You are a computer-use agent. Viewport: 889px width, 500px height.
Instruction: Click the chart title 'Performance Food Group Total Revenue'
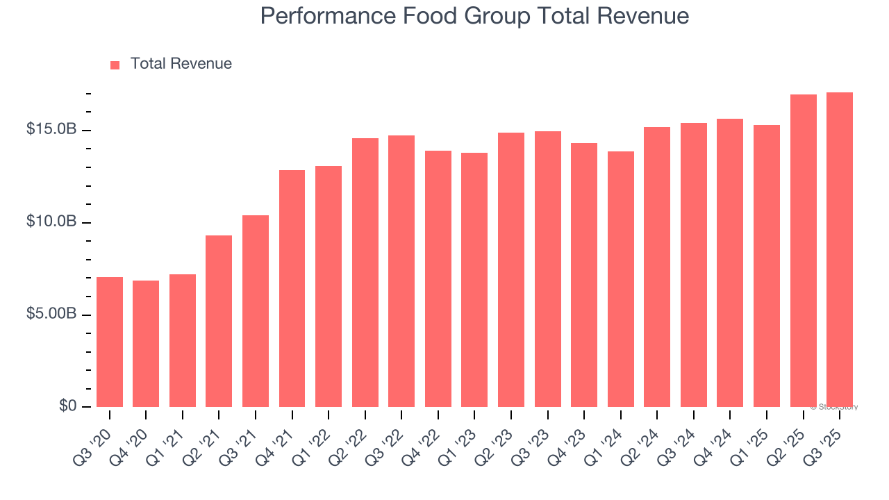(x=474, y=17)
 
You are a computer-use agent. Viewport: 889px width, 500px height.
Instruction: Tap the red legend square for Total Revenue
(x=115, y=65)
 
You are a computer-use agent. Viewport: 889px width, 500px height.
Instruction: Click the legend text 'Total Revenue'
(x=181, y=64)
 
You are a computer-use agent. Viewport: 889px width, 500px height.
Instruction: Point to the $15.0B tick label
(x=52, y=130)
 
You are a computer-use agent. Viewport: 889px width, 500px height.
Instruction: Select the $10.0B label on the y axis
(x=52, y=222)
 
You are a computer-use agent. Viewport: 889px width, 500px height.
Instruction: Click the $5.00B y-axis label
(x=52, y=315)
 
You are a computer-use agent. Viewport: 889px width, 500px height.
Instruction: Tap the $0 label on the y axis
(x=67, y=406)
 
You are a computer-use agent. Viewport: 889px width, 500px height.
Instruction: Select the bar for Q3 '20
(x=110, y=342)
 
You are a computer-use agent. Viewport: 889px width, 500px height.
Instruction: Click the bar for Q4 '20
(x=146, y=344)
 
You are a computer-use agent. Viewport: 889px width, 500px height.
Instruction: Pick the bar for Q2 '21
(x=219, y=322)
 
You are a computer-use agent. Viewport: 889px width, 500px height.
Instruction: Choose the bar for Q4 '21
(x=292, y=289)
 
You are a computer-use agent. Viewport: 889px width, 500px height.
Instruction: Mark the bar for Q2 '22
(x=365, y=273)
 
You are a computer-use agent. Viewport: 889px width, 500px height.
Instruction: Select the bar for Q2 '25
(x=803, y=251)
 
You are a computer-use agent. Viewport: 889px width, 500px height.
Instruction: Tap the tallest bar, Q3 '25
(x=840, y=250)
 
